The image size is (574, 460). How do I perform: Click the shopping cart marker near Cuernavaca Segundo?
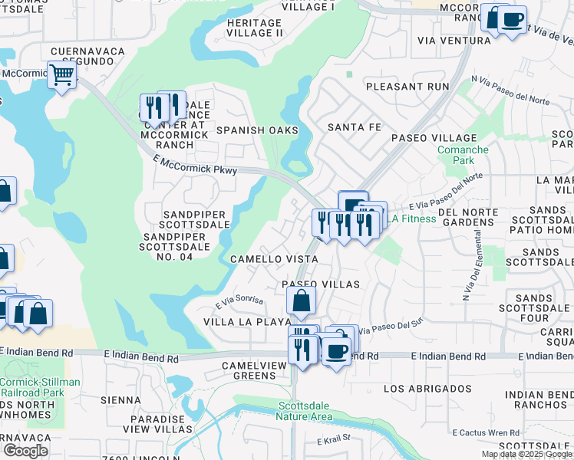tap(61, 76)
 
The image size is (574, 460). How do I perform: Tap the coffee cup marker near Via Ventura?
tap(513, 19)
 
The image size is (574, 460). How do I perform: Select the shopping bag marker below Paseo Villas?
tap(302, 303)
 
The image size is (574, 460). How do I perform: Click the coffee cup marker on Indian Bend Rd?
tap(335, 351)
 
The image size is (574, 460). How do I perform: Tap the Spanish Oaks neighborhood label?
tap(256, 130)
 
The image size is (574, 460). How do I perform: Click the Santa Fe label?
tap(354, 127)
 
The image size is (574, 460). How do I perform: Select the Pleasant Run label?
tap(407, 87)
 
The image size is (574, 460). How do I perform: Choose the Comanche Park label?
tap(462, 156)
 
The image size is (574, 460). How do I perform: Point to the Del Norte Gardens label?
tap(467, 217)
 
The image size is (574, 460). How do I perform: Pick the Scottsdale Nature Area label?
tap(305, 412)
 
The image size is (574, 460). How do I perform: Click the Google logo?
tap(25, 451)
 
